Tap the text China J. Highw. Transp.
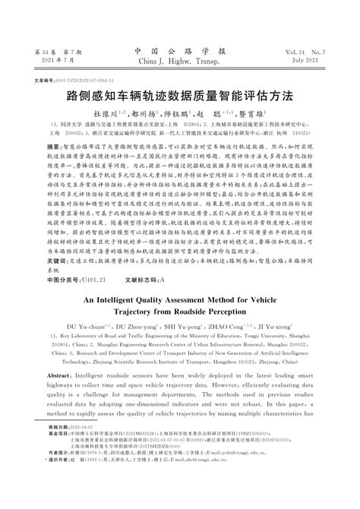pyautogui.click(x=180, y=62)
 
